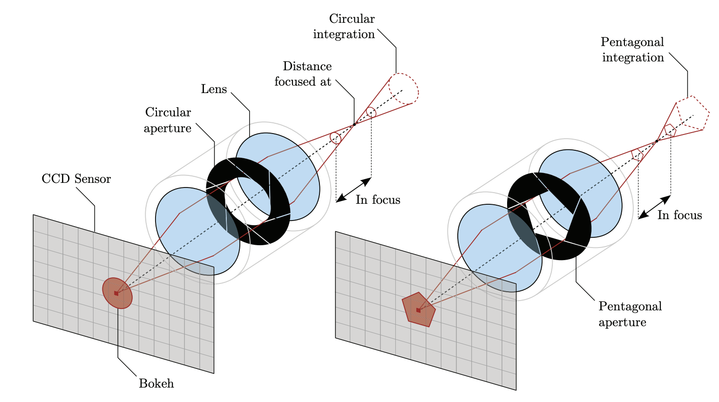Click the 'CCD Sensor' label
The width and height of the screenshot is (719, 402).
click(76, 179)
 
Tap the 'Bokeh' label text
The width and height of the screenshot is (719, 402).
click(156, 384)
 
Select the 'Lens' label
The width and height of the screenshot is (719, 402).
click(214, 89)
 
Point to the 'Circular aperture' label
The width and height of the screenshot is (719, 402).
click(168, 120)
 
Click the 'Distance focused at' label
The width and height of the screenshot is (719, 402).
click(303, 74)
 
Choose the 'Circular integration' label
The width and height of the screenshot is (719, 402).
click(344, 27)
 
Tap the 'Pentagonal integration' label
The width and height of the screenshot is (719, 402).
click(632, 50)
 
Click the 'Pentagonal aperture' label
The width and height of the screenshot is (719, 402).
click(630, 314)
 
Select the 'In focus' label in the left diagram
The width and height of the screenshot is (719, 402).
click(378, 200)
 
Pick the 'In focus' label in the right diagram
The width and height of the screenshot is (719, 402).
click(679, 215)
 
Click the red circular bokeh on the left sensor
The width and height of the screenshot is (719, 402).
click(117, 293)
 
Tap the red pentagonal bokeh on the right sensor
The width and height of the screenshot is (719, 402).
click(418, 310)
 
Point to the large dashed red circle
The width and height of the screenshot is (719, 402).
click(404, 89)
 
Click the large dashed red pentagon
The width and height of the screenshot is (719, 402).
click(693, 113)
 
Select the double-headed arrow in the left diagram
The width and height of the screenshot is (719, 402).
click(353, 190)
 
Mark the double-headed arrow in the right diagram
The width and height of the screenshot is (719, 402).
click(654, 207)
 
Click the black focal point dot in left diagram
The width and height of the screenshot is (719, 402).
click(354, 124)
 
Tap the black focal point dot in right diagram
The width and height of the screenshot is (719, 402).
click(657, 141)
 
